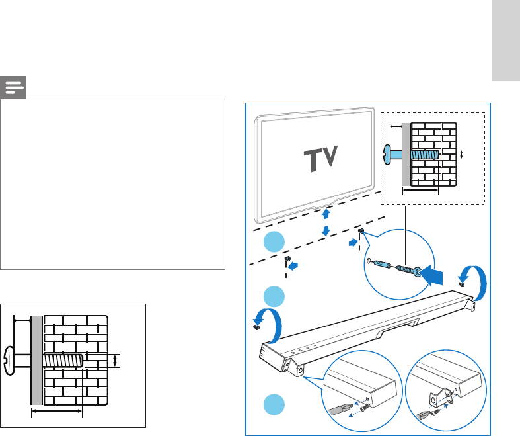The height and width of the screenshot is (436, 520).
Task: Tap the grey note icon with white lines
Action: pyautogui.click(x=13, y=87)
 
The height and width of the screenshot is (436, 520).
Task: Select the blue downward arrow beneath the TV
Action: pyautogui.click(x=325, y=229)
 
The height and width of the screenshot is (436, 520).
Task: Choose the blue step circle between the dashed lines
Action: pyautogui.click(x=273, y=243)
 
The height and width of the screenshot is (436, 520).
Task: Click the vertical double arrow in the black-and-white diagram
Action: pyautogui.click(x=116, y=361)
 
